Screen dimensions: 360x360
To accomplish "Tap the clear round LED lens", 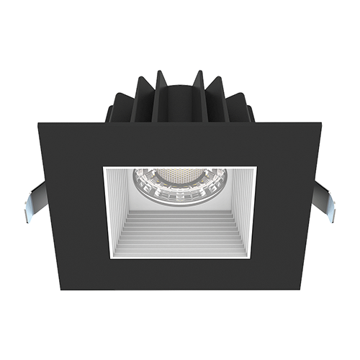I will (x=179, y=186).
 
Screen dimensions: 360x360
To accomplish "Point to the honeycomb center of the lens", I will (x=179, y=176).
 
